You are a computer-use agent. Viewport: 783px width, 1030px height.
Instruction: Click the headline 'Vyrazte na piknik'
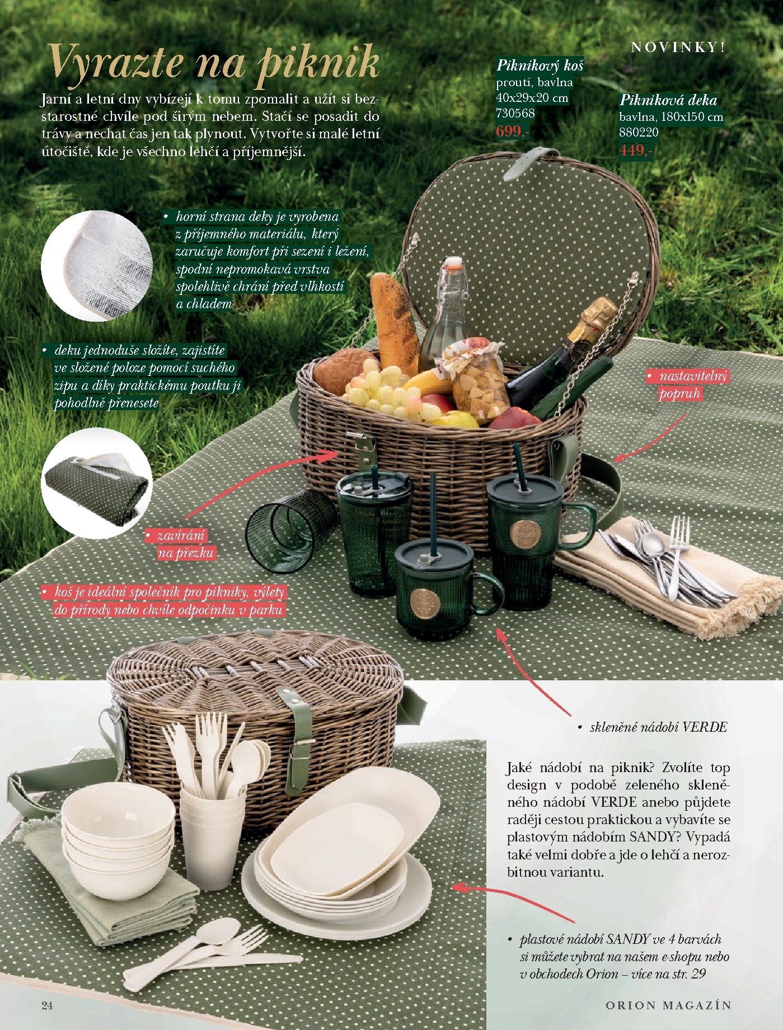(x=214, y=63)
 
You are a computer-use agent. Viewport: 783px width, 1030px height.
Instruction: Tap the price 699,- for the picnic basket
(x=512, y=132)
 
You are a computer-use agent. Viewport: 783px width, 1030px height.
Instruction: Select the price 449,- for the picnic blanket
(x=635, y=151)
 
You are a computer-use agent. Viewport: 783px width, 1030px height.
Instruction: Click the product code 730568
(x=515, y=113)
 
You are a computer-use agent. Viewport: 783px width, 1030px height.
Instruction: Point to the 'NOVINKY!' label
(x=678, y=48)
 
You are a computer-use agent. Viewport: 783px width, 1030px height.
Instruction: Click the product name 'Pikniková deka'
(x=668, y=101)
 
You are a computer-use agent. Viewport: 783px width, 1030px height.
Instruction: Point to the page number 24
(x=47, y=1005)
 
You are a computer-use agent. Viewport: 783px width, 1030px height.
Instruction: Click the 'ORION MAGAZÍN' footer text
(x=668, y=1005)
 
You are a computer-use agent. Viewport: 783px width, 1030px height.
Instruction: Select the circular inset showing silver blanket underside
(x=96, y=266)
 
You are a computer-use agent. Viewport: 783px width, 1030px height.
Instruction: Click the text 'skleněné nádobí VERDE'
(x=658, y=727)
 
